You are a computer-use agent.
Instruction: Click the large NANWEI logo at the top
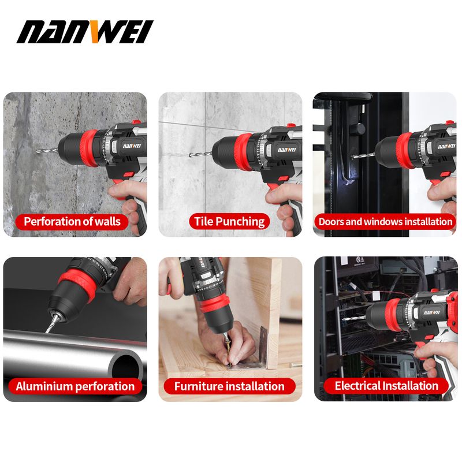[85, 32]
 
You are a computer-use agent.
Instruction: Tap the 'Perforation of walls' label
[72, 222]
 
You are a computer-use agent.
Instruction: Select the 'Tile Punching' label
[229, 222]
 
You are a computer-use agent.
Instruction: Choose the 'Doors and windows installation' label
[385, 222]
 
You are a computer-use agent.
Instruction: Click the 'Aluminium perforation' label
[75, 386]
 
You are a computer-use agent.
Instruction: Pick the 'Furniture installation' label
[229, 386]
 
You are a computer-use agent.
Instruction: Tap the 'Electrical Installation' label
[386, 386]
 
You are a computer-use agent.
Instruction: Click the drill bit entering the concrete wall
[48, 151]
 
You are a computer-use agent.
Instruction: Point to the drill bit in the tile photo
[201, 154]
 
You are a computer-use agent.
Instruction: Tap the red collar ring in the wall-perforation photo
[88, 148]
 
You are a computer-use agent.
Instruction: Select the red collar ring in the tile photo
[243, 152]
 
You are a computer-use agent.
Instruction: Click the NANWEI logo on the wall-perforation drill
[132, 146]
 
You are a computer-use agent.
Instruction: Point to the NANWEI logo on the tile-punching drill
[286, 150]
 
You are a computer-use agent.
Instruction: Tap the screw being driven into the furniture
[227, 346]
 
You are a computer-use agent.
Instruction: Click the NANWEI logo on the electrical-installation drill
[431, 312]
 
